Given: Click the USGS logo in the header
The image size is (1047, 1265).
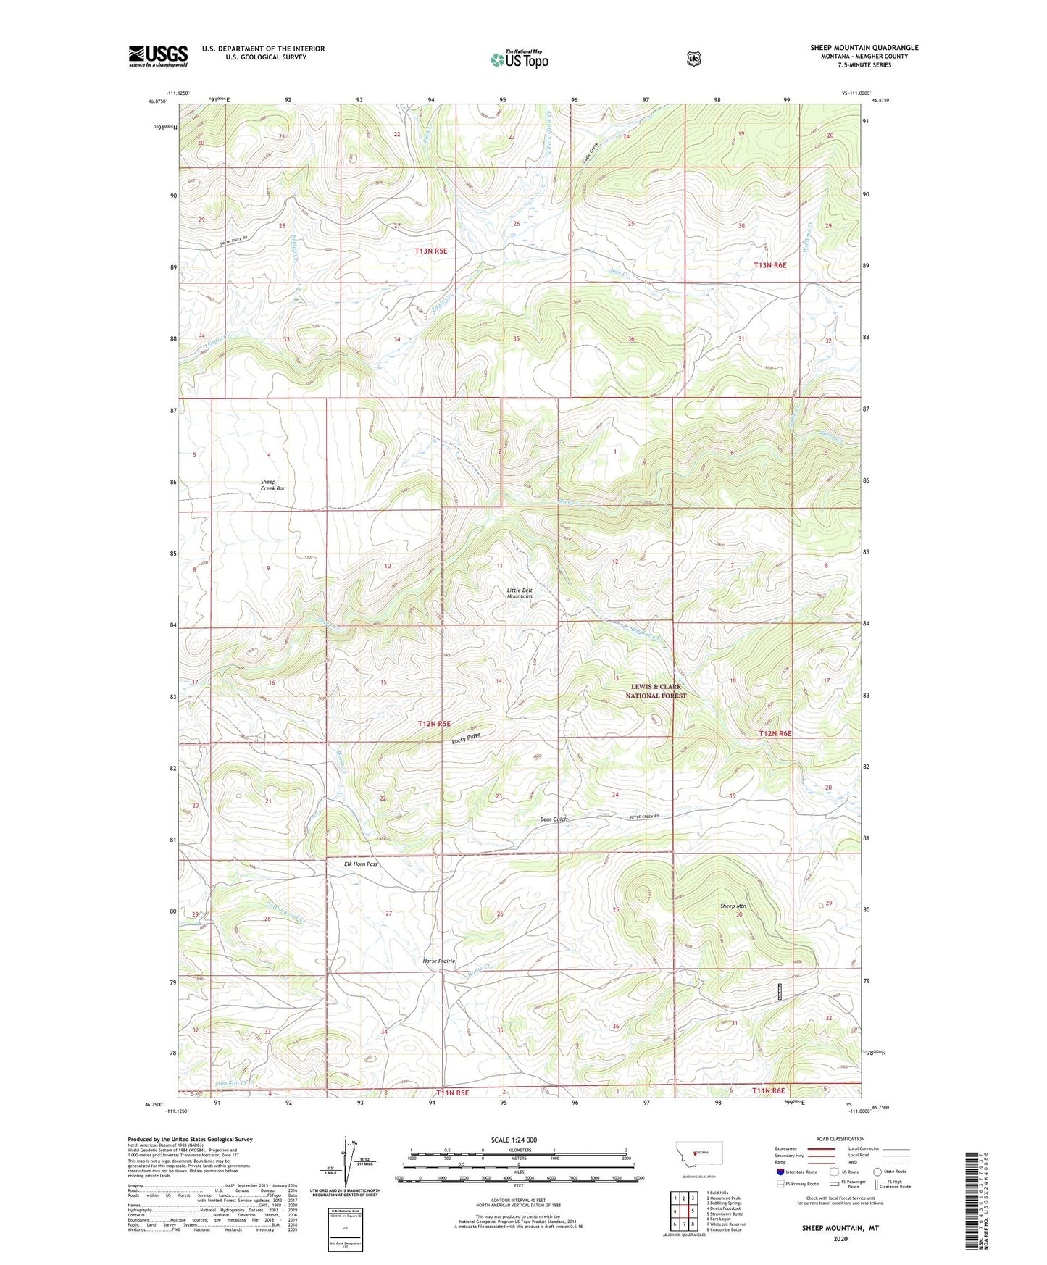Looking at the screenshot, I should [158, 55].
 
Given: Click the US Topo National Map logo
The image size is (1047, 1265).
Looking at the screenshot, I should [518, 59].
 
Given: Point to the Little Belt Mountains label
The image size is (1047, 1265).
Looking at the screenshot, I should [520, 593].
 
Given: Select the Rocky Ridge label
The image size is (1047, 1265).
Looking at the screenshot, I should [466, 738].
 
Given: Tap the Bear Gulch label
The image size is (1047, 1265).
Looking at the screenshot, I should [554, 819].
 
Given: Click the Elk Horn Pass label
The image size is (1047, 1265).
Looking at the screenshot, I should [361, 864].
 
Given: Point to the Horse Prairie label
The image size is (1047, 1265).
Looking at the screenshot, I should [439, 961].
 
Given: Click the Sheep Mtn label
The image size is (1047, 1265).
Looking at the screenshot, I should [733, 906].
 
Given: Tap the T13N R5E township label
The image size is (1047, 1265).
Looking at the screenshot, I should [431, 251].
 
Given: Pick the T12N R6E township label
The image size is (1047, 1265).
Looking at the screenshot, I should [775, 733].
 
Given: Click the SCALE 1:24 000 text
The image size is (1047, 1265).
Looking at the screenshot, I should [514, 1140].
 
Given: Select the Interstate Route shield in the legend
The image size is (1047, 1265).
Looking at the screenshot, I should [780, 1171].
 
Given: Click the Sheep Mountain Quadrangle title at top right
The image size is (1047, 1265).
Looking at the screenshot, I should [864, 48].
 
